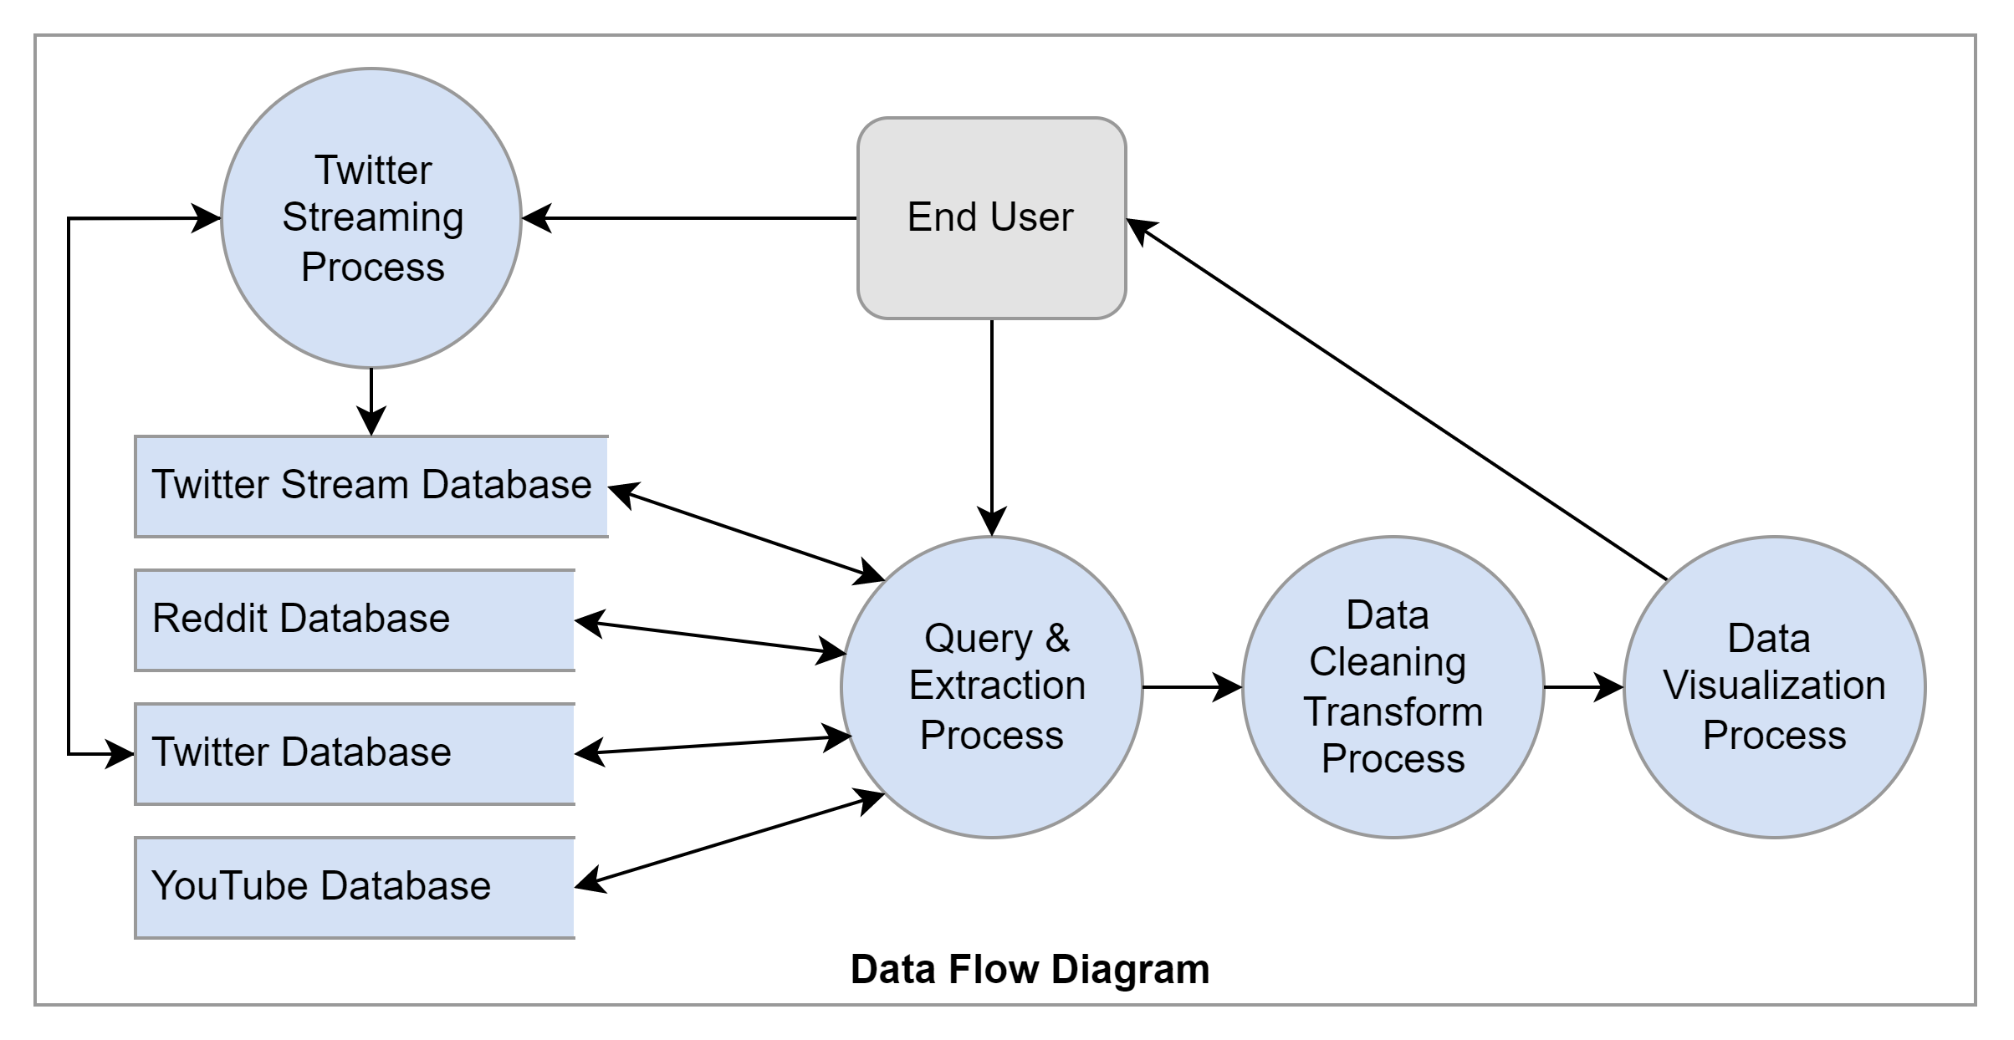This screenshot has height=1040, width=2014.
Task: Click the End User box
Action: (x=991, y=218)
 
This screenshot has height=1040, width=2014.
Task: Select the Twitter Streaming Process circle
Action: (x=371, y=218)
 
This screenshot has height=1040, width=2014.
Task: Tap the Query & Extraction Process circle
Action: (x=991, y=686)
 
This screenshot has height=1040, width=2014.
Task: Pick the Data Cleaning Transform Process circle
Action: (x=1393, y=686)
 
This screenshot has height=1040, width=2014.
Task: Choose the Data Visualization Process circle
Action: (x=1774, y=686)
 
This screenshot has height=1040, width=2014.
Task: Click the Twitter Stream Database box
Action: (x=371, y=486)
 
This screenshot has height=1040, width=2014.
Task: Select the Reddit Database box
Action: (x=355, y=619)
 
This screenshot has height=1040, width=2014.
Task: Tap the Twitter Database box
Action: (x=355, y=753)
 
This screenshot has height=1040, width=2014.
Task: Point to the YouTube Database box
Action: (x=355, y=887)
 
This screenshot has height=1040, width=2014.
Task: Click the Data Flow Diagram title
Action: (x=1030, y=970)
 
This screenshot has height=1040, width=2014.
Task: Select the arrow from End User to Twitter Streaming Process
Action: (x=694, y=218)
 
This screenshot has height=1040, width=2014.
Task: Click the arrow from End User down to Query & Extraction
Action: (x=991, y=418)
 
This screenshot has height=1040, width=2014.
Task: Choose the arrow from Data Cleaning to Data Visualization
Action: (x=1581, y=687)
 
